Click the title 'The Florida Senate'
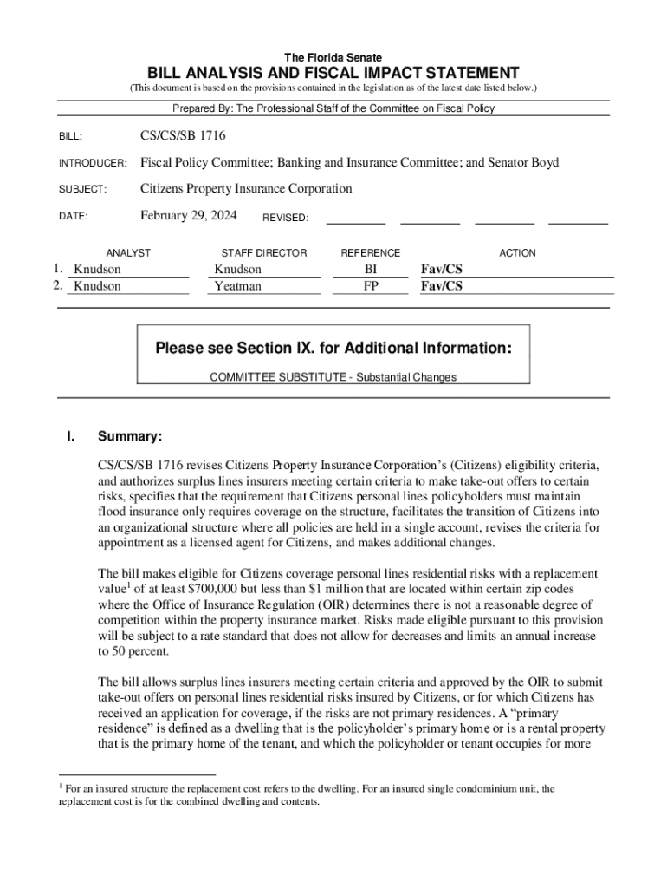[x=333, y=57]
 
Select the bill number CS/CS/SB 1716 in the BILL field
[x=184, y=136]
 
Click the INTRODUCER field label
[x=93, y=164]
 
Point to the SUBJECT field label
[x=82, y=190]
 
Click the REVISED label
[x=285, y=219]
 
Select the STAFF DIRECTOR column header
[x=264, y=253]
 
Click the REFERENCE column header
[x=371, y=253]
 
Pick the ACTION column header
[x=517, y=253]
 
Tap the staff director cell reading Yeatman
[x=237, y=285]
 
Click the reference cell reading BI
[x=371, y=270]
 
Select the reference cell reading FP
[x=371, y=285]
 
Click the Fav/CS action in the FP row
[x=441, y=285]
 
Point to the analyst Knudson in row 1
[x=97, y=270]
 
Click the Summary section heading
[x=130, y=436]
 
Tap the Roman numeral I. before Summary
[x=71, y=436]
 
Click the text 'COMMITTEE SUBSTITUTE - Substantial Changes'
[x=333, y=377]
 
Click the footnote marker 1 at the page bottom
[x=61, y=786]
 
